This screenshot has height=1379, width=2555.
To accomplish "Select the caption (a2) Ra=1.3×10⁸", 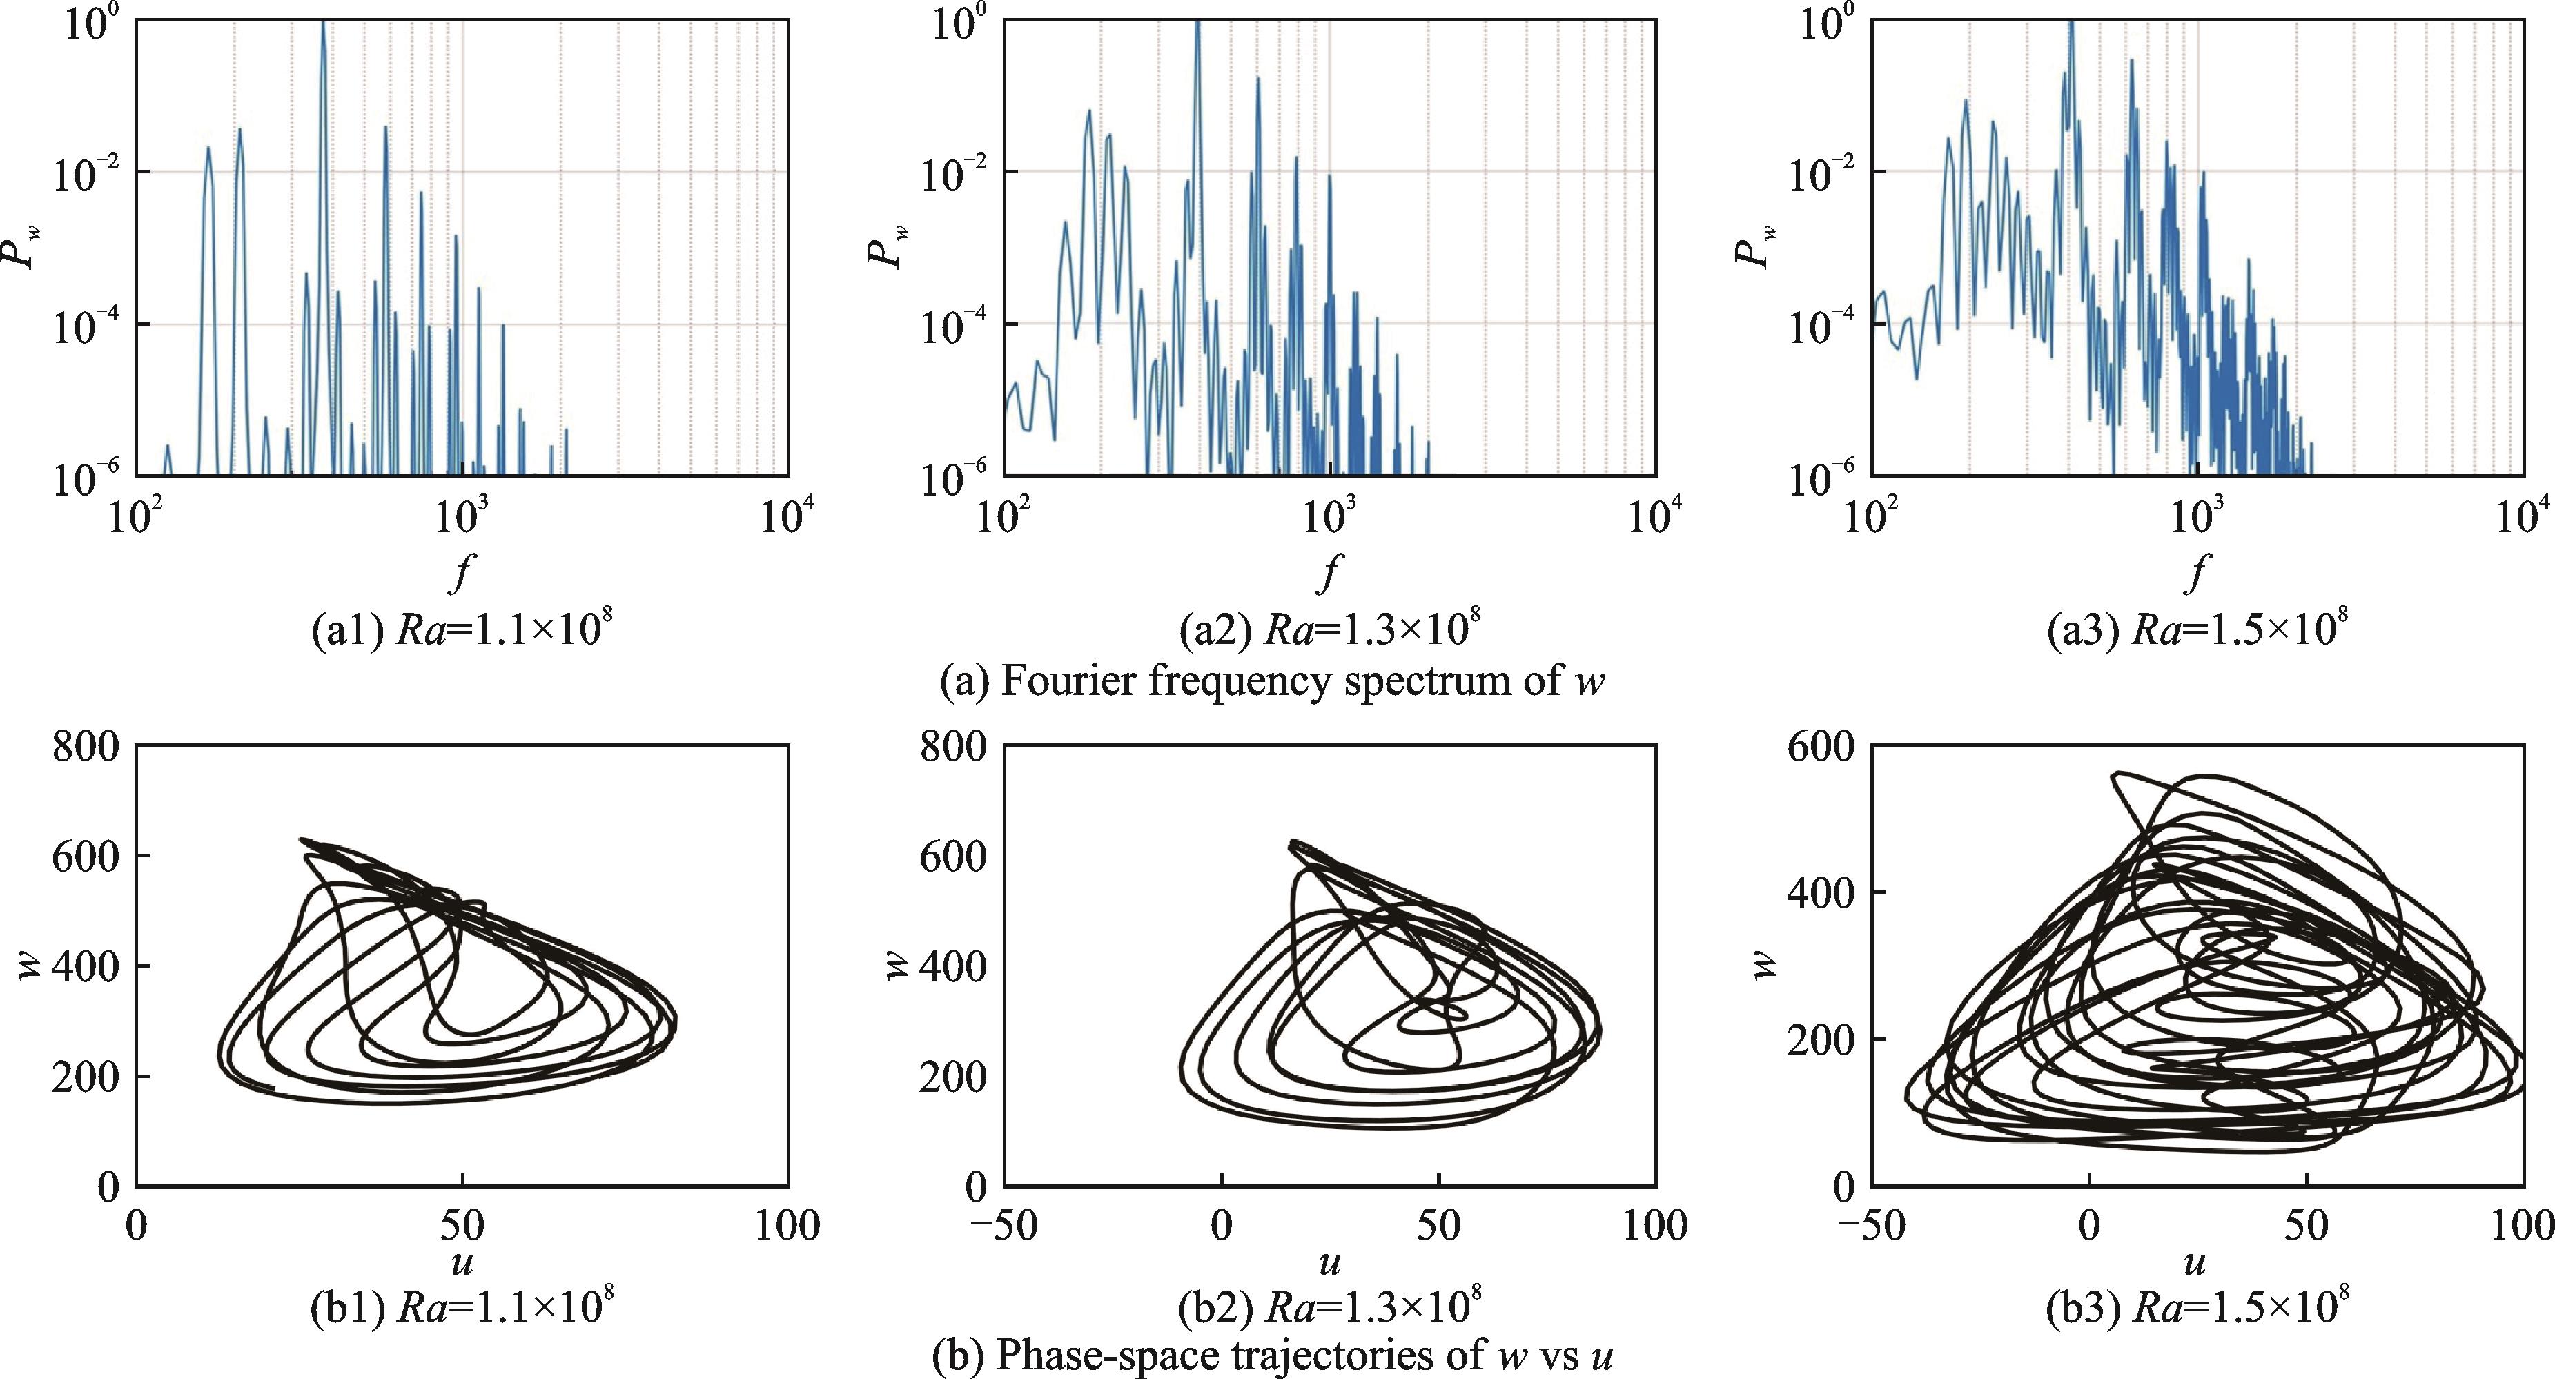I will pyautogui.click(x=1329, y=631).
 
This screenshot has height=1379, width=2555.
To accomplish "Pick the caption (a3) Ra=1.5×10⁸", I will pyautogui.click(x=2197, y=631).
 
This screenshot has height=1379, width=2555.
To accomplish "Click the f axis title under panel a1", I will pyautogui.click(x=459, y=571).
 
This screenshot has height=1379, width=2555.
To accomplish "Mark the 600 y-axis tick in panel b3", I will pyautogui.click(x=1820, y=746).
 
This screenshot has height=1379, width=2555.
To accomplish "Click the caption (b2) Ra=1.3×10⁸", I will pyautogui.click(x=1329, y=1309).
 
